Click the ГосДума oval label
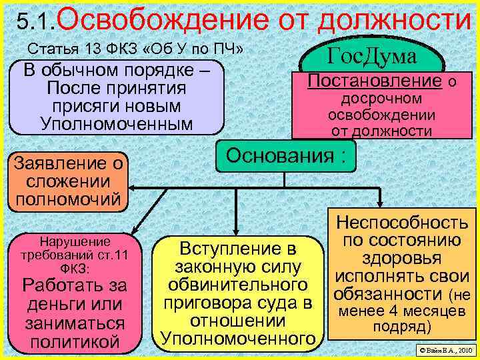372,56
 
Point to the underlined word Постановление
375,82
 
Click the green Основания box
286,157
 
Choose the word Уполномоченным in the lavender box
116,124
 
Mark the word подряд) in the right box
402,327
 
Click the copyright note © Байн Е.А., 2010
443,350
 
